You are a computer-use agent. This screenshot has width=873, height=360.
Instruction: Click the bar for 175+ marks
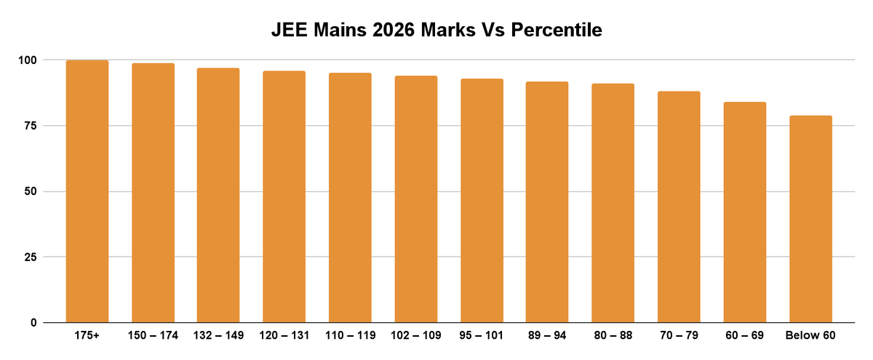[x=87, y=191]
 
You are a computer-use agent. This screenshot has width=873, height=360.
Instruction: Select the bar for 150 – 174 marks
[x=153, y=193]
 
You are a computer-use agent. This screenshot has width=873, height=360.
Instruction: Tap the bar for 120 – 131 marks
[x=284, y=196]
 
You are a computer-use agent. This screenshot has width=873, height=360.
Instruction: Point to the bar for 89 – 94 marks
[x=547, y=202]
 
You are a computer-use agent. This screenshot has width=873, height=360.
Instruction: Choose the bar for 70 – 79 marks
[x=679, y=207]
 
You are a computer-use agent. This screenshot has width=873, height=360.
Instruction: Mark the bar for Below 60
[x=810, y=219]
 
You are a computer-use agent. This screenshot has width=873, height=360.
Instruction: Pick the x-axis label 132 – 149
[x=218, y=336]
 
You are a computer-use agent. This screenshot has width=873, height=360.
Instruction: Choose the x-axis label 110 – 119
[x=350, y=336]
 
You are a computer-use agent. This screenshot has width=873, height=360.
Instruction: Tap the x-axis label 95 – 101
[x=482, y=336]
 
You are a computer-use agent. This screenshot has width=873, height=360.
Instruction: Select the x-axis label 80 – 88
[x=613, y=336]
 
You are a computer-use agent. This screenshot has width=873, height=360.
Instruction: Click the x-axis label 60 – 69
[x=744, y=336]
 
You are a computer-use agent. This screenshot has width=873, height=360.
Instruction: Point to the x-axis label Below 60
[x=810, y=336]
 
